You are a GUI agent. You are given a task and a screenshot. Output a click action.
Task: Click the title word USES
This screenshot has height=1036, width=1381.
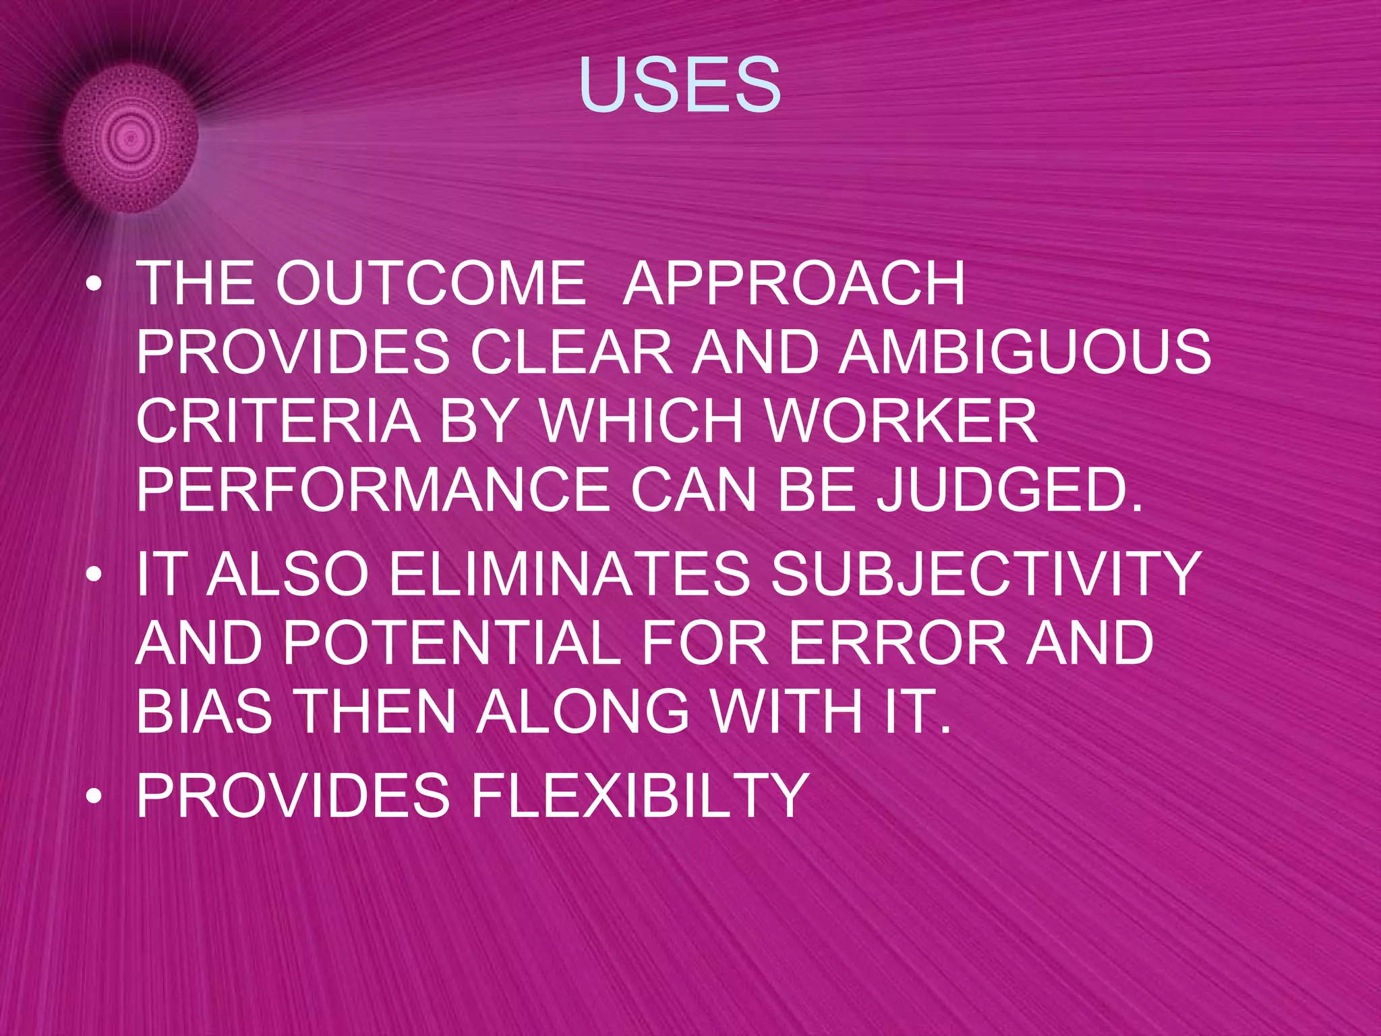[x=680, y=86]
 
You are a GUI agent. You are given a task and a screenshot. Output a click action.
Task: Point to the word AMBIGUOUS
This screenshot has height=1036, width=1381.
[x=1025, y=352]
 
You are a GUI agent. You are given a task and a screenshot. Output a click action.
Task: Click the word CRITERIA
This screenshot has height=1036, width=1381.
[x=278, y=421]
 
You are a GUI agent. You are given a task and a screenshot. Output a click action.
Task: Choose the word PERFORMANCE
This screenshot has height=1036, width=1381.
[x=373, y=490]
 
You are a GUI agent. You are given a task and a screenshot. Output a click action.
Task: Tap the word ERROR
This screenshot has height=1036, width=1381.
[x=898, y=643]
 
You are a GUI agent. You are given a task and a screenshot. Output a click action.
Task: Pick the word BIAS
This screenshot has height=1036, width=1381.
[x=204, y=712]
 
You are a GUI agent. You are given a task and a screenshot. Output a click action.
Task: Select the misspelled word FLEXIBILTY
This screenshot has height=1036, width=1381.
[x=639, y=796]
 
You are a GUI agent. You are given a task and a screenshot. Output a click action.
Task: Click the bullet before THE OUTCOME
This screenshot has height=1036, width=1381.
[x=95, y=286]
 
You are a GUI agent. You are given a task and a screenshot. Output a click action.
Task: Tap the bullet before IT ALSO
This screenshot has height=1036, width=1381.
[x=95, y=576]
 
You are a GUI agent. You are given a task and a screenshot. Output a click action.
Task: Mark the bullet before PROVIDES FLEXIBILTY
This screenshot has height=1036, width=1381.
[x=95, y=797]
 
